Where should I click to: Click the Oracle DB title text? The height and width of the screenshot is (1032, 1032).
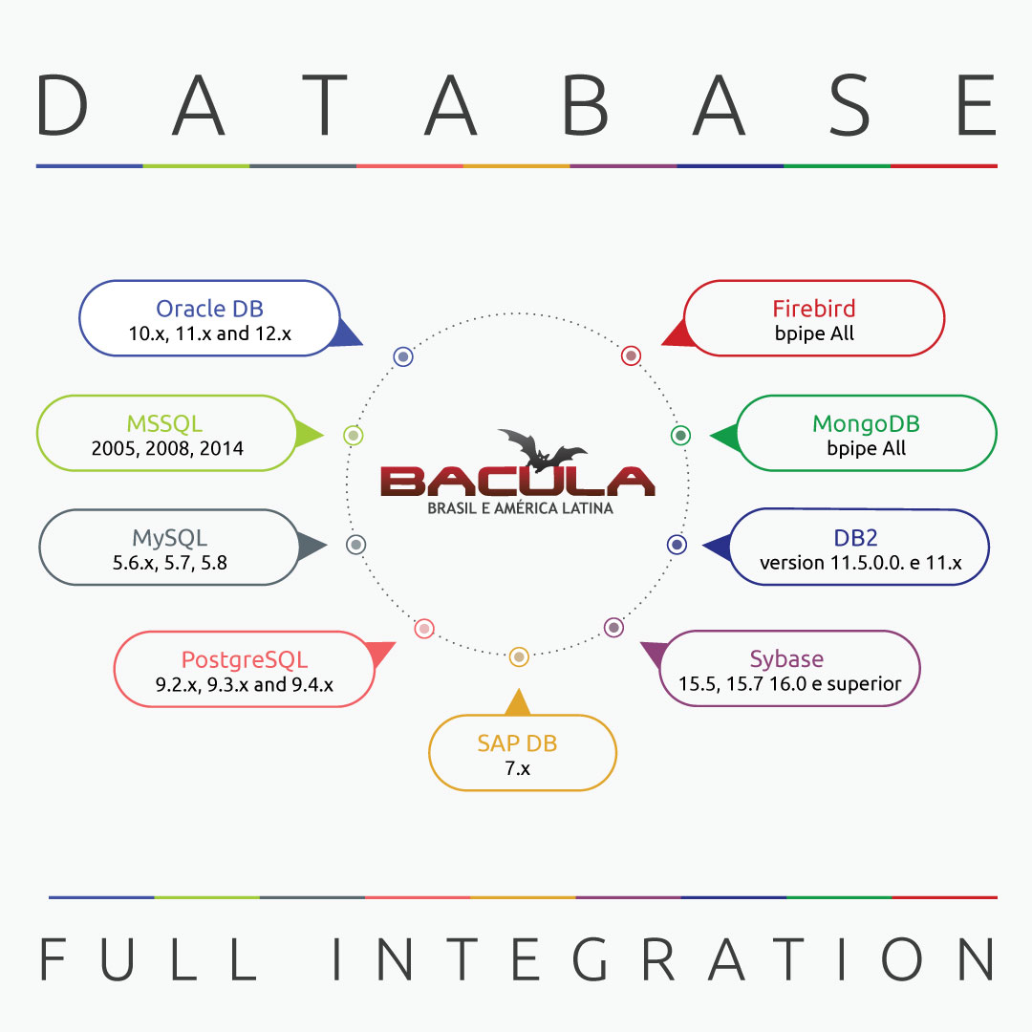[209, 309]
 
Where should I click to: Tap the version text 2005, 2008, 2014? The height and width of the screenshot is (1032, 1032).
[167, 448]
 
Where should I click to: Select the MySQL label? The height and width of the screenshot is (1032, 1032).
[169, 538]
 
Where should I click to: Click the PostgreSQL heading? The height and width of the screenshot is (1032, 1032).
[245, 659]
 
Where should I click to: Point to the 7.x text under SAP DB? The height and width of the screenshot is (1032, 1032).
[517, 767]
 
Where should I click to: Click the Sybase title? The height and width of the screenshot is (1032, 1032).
[786, 658]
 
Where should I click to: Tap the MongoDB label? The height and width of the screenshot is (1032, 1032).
[866, 423]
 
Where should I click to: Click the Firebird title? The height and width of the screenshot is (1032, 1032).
[813, 309]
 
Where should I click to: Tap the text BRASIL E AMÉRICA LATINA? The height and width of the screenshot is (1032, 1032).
[520, 508]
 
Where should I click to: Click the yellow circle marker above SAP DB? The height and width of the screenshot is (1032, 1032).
[518, 656]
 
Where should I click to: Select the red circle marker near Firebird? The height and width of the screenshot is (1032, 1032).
[631, 355]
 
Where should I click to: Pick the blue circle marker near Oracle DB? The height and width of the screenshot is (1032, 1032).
[403, 356]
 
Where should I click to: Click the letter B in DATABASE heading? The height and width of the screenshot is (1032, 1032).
[584, 106]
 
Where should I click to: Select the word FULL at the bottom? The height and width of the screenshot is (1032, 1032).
[147, 959]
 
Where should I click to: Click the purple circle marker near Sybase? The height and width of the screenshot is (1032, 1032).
[613, 628]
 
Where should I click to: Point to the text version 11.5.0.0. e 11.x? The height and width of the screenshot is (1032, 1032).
[860, 563]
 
